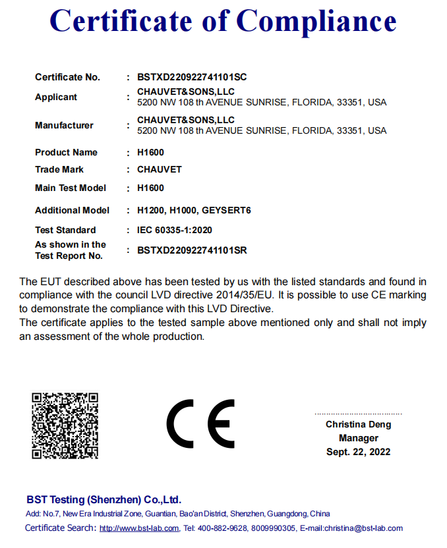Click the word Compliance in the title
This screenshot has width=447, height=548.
point(316,21)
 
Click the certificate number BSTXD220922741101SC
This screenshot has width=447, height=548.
point(192,77)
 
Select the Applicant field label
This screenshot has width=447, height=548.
point(56,97)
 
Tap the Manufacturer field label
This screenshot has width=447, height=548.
point(64,125)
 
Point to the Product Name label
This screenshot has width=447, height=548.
point(66,152)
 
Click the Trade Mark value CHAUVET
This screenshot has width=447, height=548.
point(159,169)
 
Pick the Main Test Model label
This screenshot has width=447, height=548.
point(71,188)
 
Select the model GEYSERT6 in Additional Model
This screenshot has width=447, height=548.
point(226,210)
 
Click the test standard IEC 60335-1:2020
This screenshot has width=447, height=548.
point(174,230)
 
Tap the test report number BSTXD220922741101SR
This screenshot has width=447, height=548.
point(192,250)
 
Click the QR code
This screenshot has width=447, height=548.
point(65,425)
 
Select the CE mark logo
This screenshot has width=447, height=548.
point(200,424)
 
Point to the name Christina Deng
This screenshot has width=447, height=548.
point(358,425)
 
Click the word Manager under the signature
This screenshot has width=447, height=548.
point(359,438)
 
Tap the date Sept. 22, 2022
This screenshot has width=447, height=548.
point(358,452)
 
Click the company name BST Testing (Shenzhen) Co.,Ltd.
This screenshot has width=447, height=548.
point(104,499)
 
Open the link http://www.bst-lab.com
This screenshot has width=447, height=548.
point(139,528)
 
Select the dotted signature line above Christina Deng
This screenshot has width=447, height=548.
point(358,414)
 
